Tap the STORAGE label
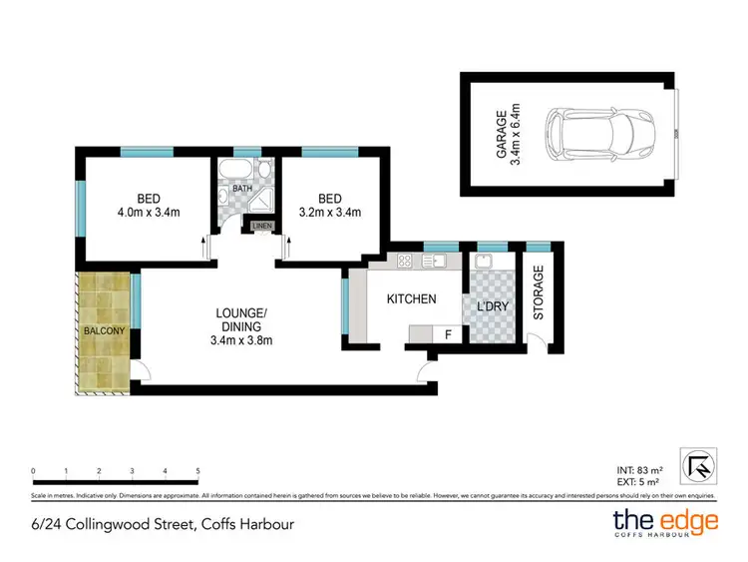[539, 292]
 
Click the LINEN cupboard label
[261, 227]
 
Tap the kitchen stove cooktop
[405, 262]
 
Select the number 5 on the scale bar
[198, 471]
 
